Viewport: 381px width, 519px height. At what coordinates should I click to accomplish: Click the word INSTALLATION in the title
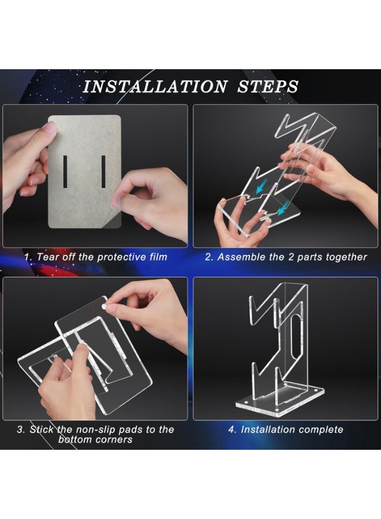[155, 87]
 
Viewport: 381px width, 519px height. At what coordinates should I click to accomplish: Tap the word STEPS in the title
[268, 87]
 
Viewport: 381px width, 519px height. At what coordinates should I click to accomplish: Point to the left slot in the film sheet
[65, 171]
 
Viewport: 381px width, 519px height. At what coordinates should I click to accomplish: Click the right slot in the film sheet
[103, 171]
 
